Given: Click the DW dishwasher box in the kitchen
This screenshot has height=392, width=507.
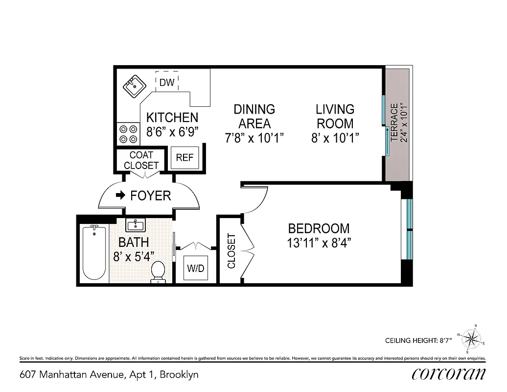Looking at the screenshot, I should (167, 81).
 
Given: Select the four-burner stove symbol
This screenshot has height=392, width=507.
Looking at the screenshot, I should (128, 134).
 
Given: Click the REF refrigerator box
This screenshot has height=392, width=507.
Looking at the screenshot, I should (184, 158).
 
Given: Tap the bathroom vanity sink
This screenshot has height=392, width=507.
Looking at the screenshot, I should (135, 226).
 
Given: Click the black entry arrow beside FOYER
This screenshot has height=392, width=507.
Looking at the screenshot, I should (120, 196).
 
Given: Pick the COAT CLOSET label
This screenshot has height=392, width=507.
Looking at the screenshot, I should (141, 160).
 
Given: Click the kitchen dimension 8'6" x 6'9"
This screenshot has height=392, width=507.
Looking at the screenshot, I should (172, 131).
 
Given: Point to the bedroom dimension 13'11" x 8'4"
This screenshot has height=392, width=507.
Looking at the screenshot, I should (319, 243).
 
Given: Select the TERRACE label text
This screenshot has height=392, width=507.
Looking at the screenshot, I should (394, 122).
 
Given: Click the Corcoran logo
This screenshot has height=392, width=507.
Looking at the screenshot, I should (448, 374).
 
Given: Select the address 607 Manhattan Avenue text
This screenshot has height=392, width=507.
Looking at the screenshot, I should (109, 375).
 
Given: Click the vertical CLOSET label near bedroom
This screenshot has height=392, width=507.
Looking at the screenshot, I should (231, 250).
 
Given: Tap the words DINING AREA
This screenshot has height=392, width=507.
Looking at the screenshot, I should (254, 116).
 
